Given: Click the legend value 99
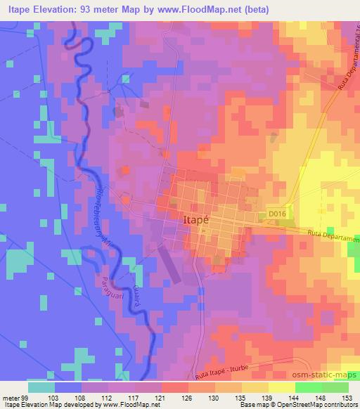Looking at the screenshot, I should click(26, 397).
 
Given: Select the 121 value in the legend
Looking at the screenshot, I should click(155, 397).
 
